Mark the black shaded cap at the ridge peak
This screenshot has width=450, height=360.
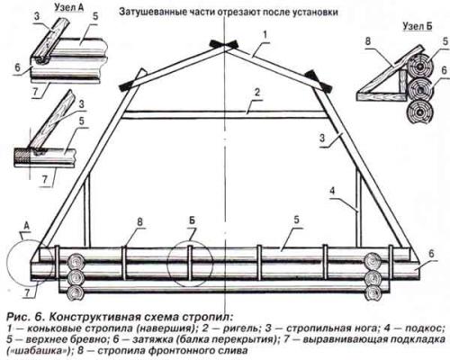coord(220,43)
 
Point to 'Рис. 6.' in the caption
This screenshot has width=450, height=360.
coord(23,318)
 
